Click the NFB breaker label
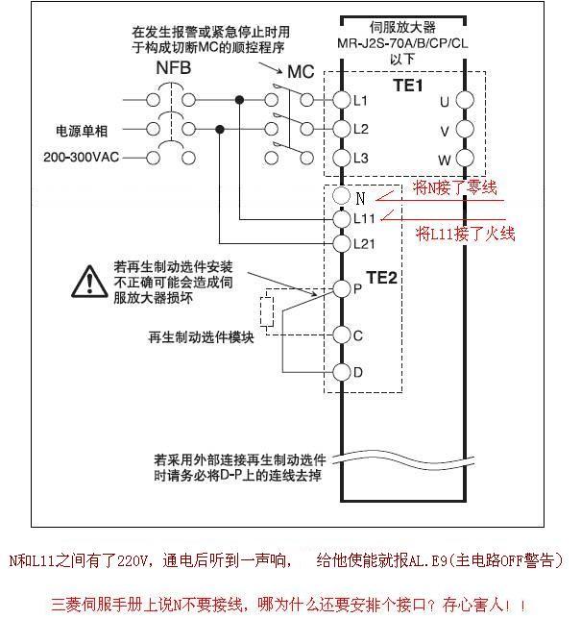(173, 69)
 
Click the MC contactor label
(300, 72)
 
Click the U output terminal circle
(465, 99)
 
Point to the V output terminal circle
(465, 129)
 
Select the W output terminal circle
(465, 158)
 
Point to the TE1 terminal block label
(408, 86)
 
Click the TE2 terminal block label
(381, 277)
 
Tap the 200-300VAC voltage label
(80, 157)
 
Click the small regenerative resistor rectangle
(268, 310)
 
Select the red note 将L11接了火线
(466, 234)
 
